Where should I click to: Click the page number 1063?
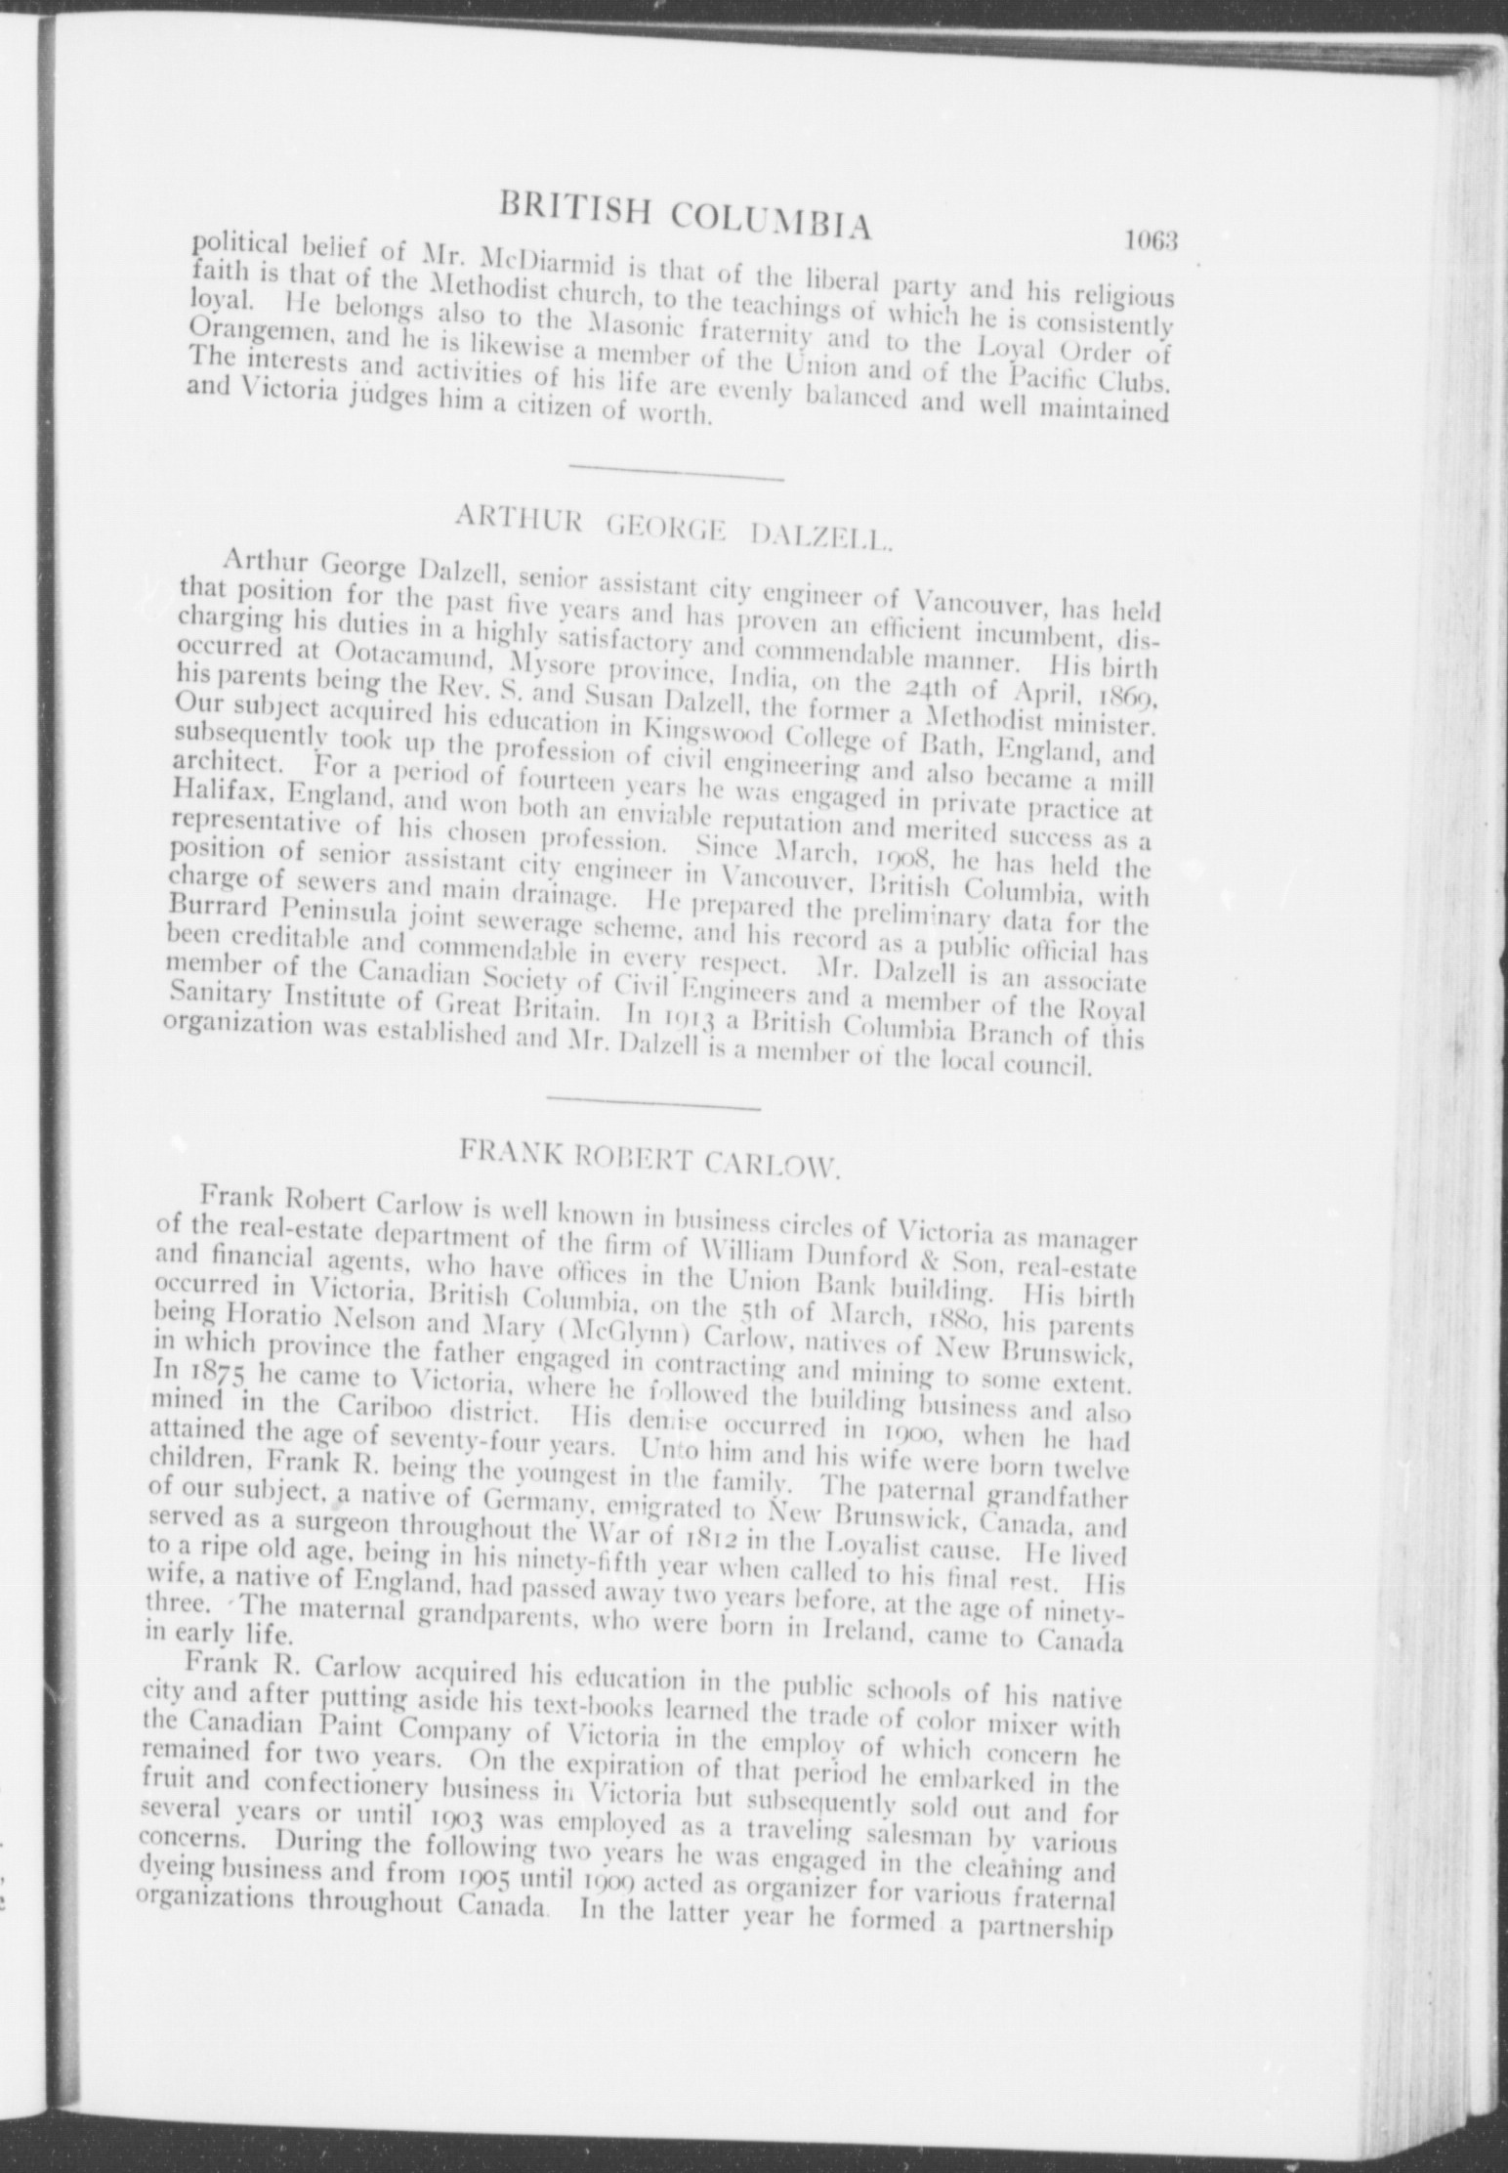(1152, 238)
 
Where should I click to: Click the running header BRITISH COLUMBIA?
(684, 212)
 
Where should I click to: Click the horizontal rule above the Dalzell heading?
(676, 478)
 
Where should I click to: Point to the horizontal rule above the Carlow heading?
(653, 1108)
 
